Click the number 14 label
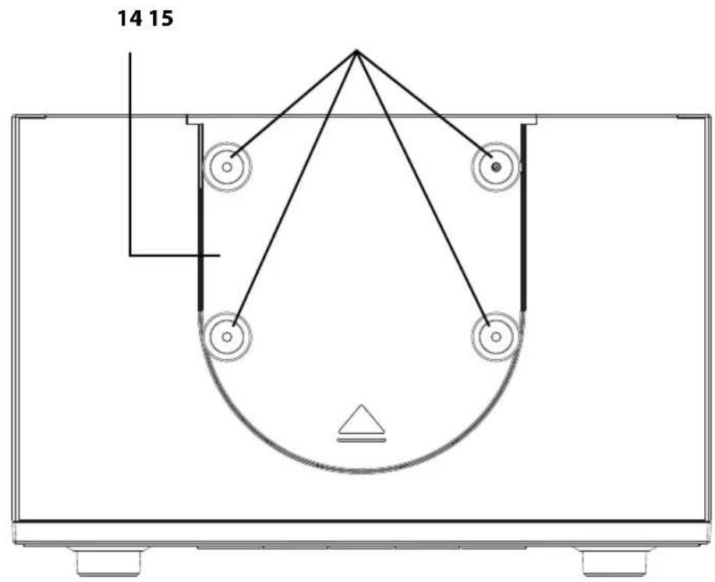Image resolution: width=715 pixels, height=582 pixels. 130,20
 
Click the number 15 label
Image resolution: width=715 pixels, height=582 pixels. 161,20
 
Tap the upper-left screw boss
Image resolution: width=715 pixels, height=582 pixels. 227,167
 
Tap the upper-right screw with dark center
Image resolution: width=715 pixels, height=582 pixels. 496,167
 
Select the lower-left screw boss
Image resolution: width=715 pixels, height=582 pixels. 227,337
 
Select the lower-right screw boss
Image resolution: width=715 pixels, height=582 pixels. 496,337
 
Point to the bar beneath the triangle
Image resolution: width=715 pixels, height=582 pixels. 362,440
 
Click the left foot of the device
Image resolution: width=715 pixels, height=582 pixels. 108,561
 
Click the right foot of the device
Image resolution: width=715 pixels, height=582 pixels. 614,561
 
